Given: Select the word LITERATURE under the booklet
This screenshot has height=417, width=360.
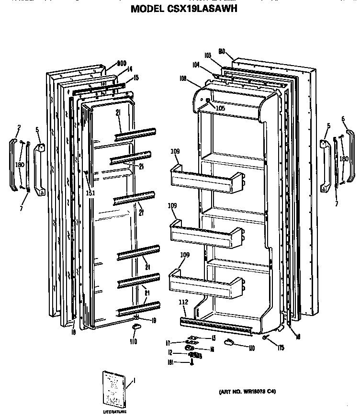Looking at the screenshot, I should (115, 412).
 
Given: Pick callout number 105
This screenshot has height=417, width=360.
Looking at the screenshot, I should (220, 108).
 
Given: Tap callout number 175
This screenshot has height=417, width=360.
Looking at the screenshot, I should (281, 348).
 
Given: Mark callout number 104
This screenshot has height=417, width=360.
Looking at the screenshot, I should (196, 64).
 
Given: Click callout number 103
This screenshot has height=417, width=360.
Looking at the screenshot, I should (207, 56).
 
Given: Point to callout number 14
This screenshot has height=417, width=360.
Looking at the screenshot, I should (129, 69).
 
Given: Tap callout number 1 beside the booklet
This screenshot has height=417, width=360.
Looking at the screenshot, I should (134, 381).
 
